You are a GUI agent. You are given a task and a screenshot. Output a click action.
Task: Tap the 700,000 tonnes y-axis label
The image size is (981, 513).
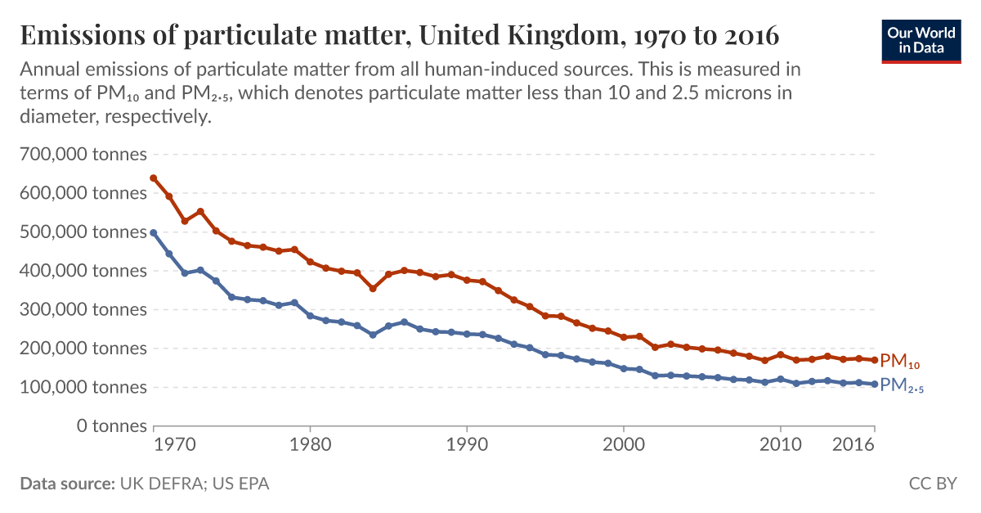coord(83,155)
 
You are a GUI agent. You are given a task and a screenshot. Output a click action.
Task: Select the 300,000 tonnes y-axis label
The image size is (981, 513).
coord(83,310)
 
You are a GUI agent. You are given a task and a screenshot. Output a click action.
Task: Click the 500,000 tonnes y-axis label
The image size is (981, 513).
coord(83,232)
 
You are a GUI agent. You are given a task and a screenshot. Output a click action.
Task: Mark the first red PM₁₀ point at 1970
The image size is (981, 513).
coord(154,178)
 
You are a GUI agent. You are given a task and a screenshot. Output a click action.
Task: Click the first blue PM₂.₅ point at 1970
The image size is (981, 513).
coord(154,232)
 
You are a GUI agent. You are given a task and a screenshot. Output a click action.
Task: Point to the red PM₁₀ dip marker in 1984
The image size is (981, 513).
coord(373,289)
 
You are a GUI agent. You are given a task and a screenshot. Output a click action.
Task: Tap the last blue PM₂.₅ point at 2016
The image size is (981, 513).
coord(875,384)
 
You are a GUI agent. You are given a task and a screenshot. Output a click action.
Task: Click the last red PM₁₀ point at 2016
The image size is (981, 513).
coord(875,360)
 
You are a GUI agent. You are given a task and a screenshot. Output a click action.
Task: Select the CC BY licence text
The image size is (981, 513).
coord(932,484)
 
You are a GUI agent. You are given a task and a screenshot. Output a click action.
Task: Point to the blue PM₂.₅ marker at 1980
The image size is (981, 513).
coord(310,316)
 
